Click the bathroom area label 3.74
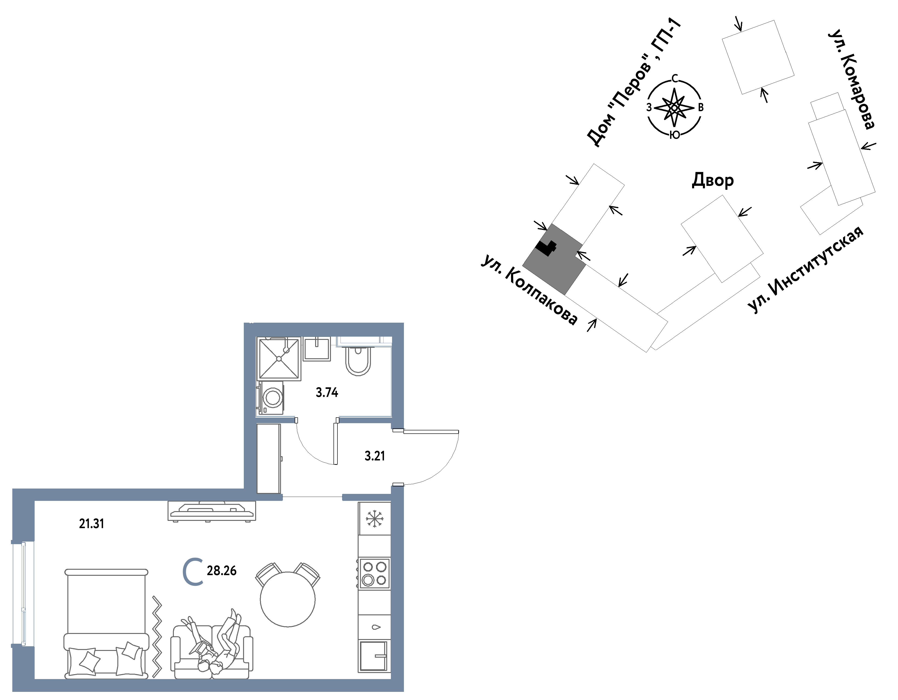[x=327, y=393]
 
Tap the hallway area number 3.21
[x=375, y=456]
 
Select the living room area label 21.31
[x=92, y=524]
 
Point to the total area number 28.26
[x=222, y=571]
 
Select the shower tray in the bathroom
[x=279, y=358]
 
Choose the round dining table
[x=288, y=600]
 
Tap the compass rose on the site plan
[x=674, y=108]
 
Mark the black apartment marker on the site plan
[x=546, y=248]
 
